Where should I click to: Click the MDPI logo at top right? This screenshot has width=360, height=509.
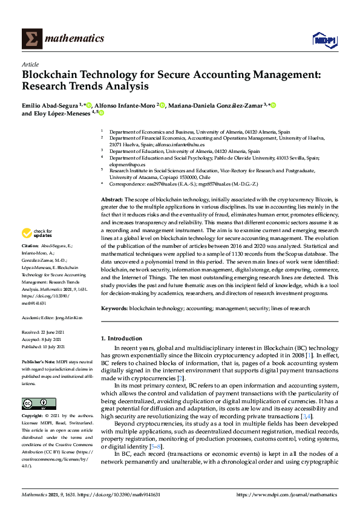324,40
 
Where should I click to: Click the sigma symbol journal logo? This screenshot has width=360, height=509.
31,39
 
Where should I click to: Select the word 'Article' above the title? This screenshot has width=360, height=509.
30,64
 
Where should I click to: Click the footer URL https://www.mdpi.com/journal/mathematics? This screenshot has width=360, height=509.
286,494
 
